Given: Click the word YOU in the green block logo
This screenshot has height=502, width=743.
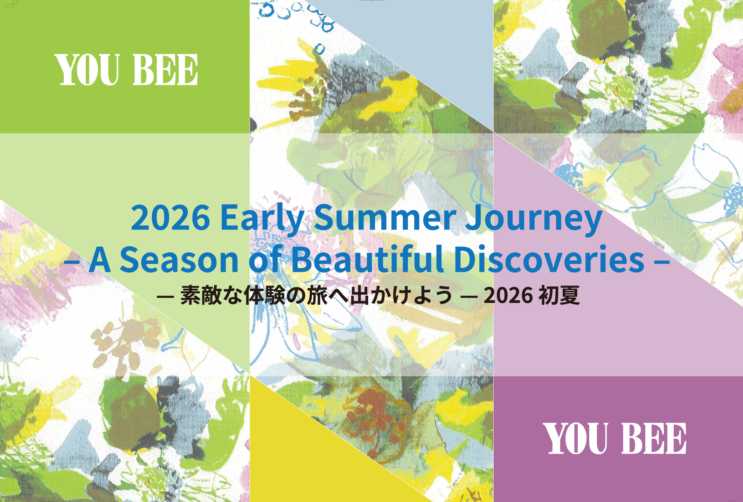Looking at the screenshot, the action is tap(88, 70).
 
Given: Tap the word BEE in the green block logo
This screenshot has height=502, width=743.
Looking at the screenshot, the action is tap(166, 70).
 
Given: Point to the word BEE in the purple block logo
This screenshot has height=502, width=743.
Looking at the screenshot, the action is tap(654, 438).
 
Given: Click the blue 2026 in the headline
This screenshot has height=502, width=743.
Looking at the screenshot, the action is tap(170, 218).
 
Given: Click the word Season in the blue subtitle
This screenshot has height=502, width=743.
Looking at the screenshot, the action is tap(179, 259).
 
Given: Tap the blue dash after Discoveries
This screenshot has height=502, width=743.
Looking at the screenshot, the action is tap(662, 261).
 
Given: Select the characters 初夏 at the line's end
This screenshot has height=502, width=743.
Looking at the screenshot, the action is tap(559, 295).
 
